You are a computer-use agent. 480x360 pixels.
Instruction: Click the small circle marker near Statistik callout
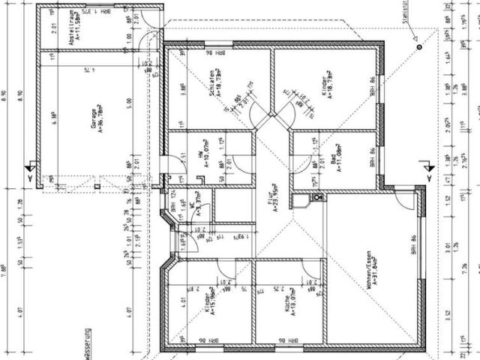[x=417, y=47]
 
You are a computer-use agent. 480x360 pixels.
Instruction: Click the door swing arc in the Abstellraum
[x=153, y=39]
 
